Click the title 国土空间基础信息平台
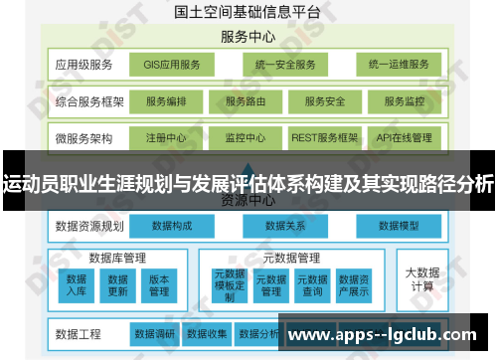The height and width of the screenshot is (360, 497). pyautogui.click(x=246, y=14)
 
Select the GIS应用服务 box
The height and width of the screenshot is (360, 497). pyautogui.click(x=171, y=66)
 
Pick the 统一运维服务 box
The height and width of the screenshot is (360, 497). pyautogui.click(x=399, y=66)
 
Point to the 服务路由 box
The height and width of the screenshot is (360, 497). pyautogui.click(x=245, y=101)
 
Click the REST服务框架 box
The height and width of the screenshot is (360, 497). pyautogui.click(x=325, y=137)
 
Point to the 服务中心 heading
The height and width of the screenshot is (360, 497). pyautogui.click(x=248, y=37)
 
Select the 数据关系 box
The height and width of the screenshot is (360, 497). pyautogui.click(x=285, y=226)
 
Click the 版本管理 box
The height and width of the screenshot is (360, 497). pyautogui.click(x=159, y=285)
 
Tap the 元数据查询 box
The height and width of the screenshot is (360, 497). pyautogui.click(x=312, y=285)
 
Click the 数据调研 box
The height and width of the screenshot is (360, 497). pyautogui.click(x=154, y=333)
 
